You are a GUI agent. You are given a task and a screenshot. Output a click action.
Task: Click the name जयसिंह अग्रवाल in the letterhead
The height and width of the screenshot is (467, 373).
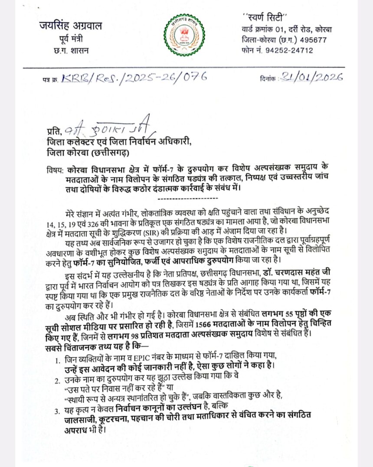click(70, 26)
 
